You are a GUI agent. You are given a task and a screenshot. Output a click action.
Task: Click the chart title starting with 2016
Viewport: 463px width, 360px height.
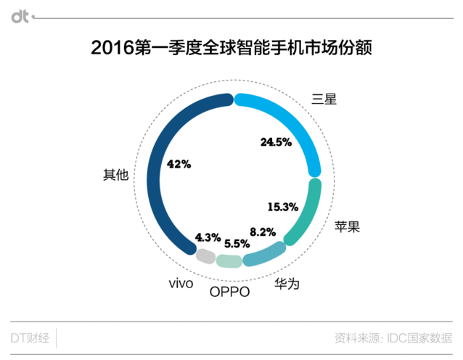click(231, 49)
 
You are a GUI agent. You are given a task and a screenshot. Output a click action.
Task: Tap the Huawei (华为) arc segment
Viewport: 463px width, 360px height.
click(264, 253)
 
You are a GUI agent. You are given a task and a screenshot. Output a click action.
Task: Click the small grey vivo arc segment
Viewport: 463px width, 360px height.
click(205, 256)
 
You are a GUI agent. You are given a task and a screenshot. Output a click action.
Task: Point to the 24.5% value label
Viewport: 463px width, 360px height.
click(275, 142)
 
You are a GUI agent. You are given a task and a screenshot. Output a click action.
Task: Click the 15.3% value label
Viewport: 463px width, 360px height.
click(282, 207)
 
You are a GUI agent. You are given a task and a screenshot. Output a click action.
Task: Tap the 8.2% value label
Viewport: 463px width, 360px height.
click(262, 232)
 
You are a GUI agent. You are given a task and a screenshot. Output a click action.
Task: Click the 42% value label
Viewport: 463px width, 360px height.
click(179, 165)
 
